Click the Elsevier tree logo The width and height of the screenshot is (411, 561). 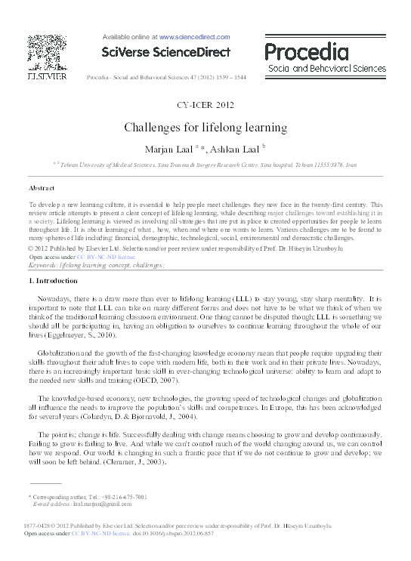(x=47, y=53)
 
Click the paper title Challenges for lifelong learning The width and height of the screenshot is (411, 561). (x=205, y=128)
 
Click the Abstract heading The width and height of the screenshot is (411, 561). (x=42, y=186)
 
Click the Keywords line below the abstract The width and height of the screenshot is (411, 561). (x=96, y=266)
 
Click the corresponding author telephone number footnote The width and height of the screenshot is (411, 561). (x=90, y=497)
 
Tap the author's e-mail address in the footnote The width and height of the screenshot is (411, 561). (x=87, y=504)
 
